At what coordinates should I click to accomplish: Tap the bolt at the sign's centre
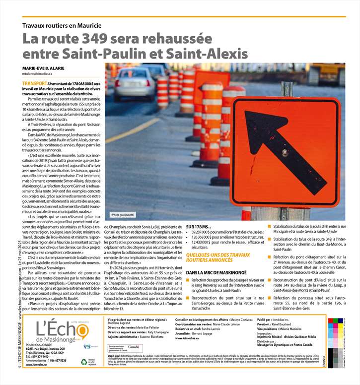[x=285, y=152]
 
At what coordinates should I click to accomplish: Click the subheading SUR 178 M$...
[x=198, y=226]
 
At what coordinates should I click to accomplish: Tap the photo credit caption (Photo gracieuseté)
[x=123, y=215]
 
